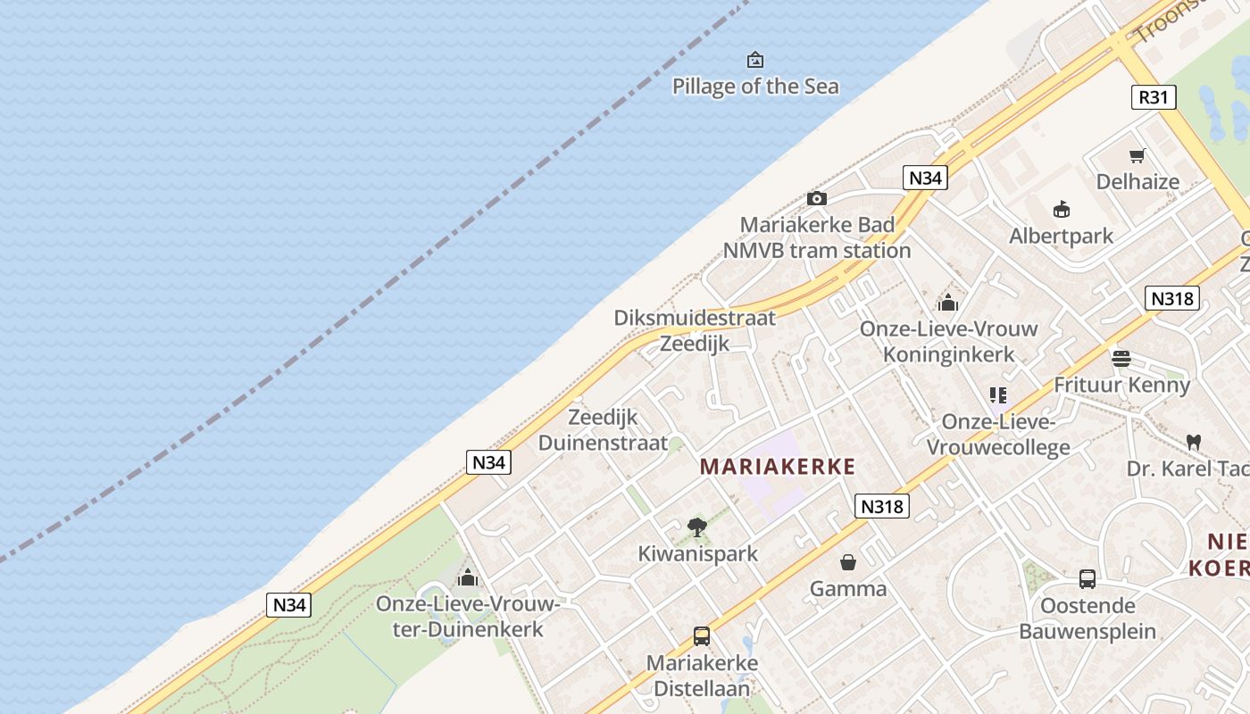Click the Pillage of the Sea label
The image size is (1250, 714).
point(755,87)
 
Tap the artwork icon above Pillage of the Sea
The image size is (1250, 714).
point(755,60)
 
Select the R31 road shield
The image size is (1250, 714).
point(1153,97)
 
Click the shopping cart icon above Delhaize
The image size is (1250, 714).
point(1137,156)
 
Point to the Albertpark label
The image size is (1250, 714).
point(1061,236)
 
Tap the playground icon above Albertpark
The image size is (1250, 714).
point(1062,210)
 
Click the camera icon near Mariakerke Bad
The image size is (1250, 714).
point(816,198)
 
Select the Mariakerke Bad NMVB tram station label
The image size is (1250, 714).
point(817,237)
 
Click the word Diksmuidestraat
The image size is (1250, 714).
point(695,317)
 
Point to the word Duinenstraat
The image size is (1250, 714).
point(603,443)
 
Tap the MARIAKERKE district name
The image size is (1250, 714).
point(778,466)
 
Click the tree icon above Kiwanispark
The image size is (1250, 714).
point(697,527)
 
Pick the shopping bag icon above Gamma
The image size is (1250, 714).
point(848,562)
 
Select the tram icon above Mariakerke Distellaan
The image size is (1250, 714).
point(702,636)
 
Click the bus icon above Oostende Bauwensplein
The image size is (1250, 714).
point(1087,578)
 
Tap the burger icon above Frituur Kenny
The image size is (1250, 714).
point(1121,359)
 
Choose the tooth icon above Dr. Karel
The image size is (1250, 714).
point(1193,442)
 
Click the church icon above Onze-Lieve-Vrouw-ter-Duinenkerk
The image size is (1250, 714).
point(468,577)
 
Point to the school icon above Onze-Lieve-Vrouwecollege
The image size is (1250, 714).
point(997,394)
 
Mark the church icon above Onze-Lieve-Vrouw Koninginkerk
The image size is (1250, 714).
point(948,303)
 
